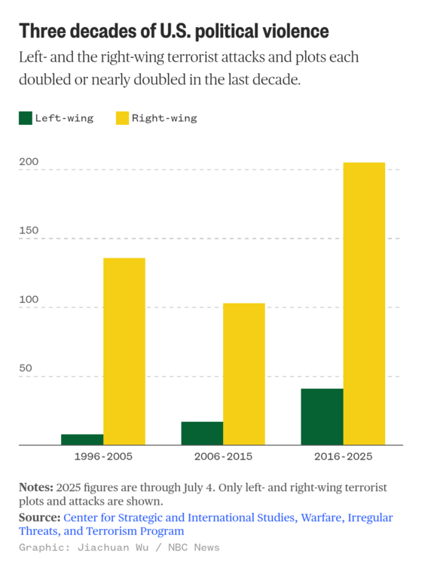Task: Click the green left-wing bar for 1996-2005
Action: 82,440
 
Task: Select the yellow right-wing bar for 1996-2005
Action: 124,352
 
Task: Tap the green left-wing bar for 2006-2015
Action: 202,433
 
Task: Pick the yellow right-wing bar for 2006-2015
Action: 244,374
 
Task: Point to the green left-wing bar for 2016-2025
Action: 323,417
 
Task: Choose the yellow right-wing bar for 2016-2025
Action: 364,304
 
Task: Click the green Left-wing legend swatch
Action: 26,118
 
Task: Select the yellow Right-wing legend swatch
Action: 122,118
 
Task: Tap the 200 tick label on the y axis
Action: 29,161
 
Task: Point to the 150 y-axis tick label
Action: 29,231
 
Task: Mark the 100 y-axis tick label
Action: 29,299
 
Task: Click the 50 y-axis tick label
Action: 26,368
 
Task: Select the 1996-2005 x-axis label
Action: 103,457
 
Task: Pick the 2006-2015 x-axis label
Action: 223,457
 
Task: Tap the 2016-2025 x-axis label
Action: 344,457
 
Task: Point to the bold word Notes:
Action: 36,487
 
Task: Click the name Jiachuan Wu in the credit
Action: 113,548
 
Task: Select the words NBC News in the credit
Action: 194,548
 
